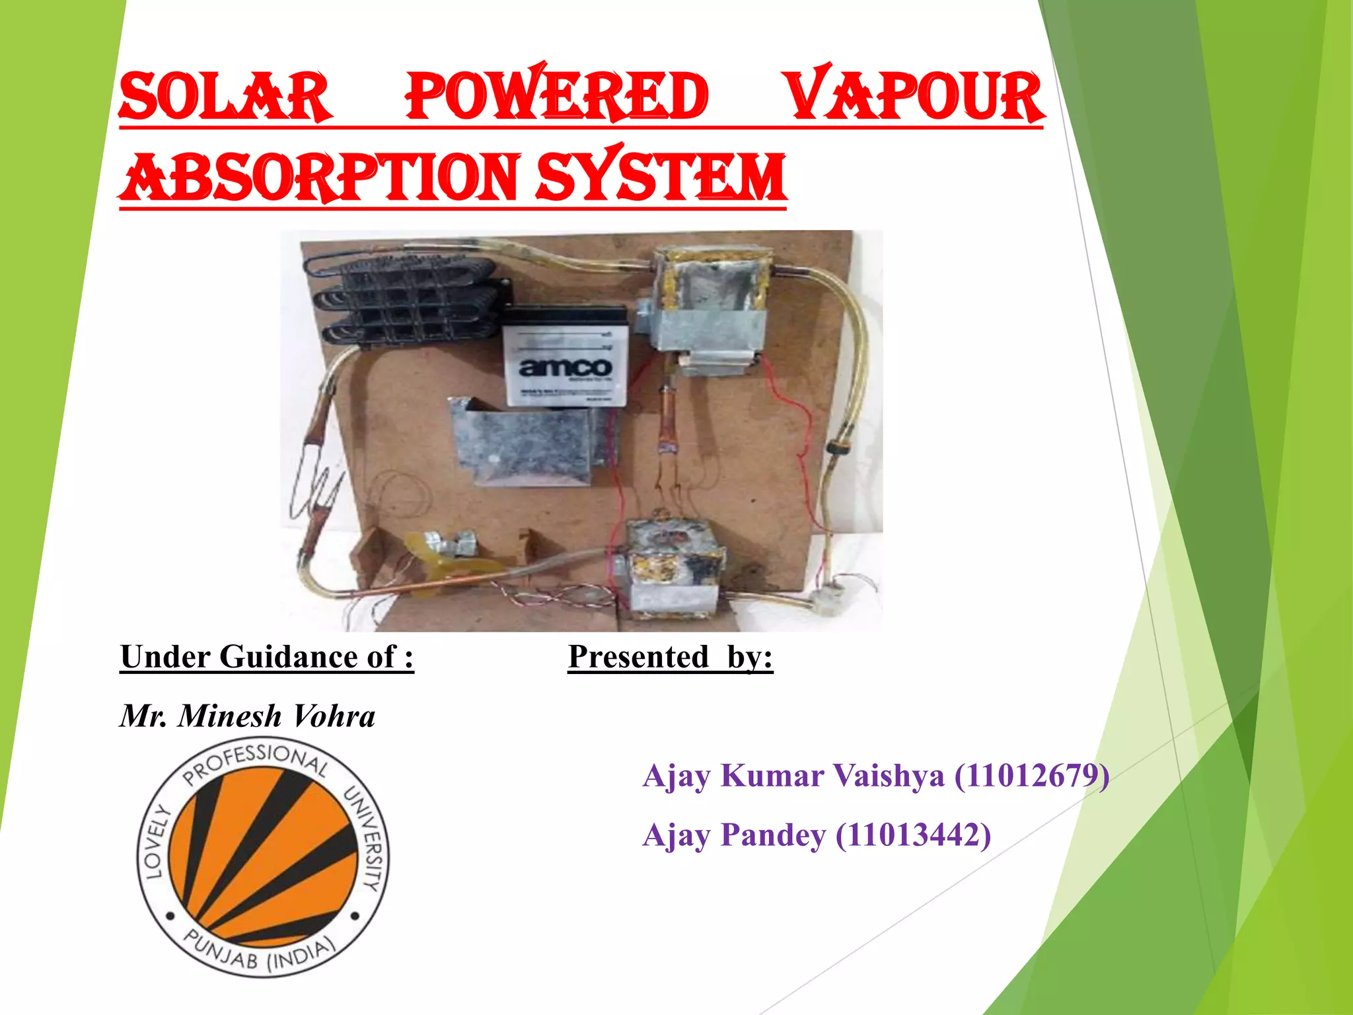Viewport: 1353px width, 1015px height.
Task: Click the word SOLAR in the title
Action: (225, 98)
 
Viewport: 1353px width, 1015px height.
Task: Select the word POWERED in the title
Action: (556, 96)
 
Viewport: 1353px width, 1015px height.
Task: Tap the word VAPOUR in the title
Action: (916, 96)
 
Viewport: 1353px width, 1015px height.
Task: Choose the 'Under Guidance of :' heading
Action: (267, 658)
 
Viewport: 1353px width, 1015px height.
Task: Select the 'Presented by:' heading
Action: (670, 658)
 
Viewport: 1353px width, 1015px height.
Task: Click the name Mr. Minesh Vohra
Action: (248, 716)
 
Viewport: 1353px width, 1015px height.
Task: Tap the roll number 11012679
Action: (1031, 776)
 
